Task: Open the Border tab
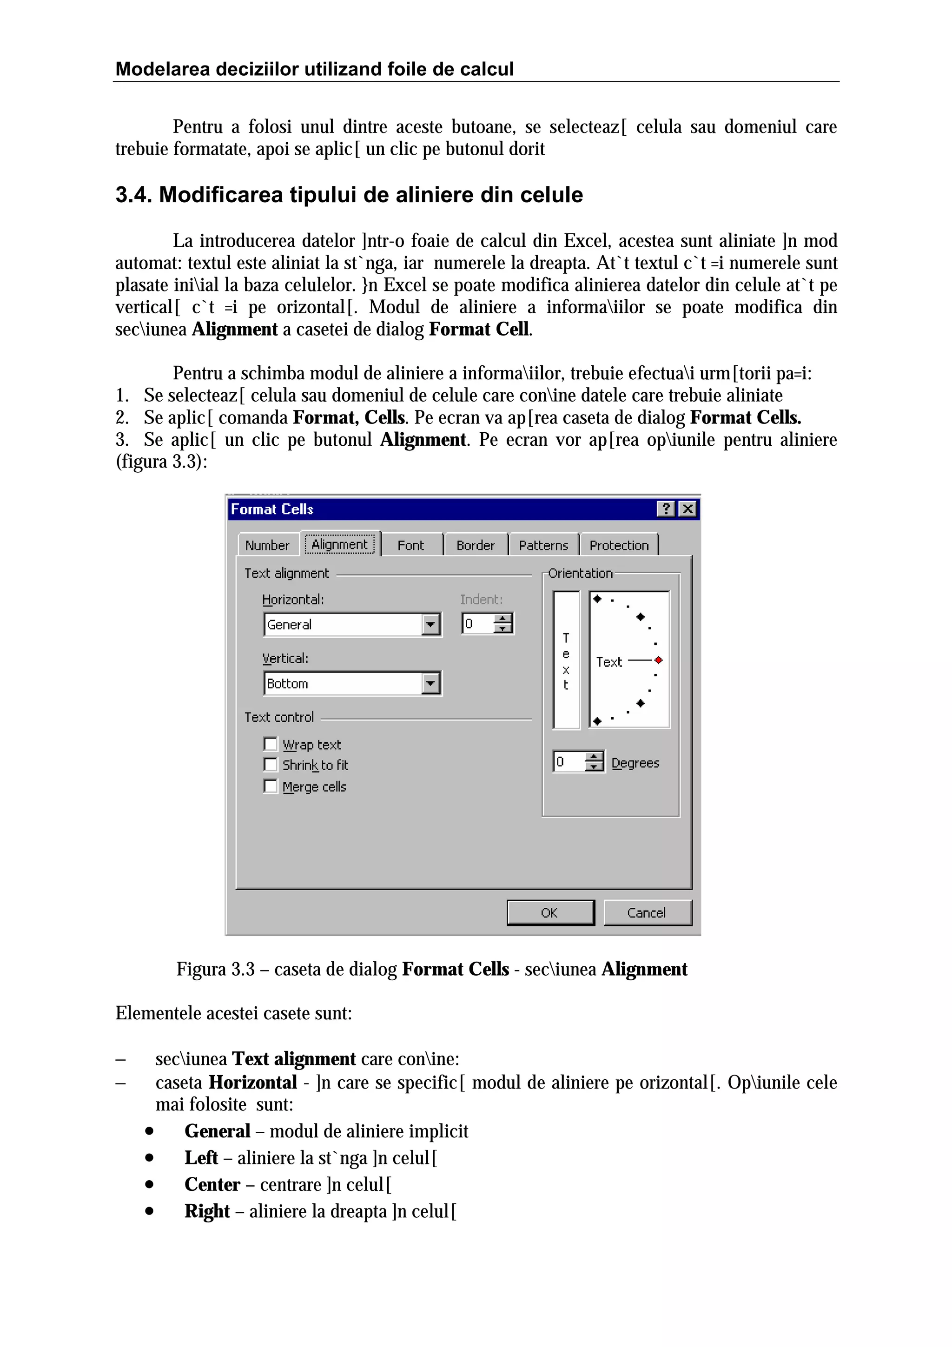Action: coord(475,545)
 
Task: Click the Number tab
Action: coord(267,545)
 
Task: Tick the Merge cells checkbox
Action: coord(271,786)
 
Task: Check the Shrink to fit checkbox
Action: coord(271,765)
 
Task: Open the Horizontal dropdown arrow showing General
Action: coord(430,624)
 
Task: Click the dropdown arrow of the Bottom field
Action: coord(430,683)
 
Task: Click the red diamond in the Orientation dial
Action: coord(659,660)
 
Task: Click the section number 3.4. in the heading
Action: coord(133,195)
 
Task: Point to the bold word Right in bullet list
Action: coord(206,1211)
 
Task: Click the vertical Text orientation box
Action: coord(566,660)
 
